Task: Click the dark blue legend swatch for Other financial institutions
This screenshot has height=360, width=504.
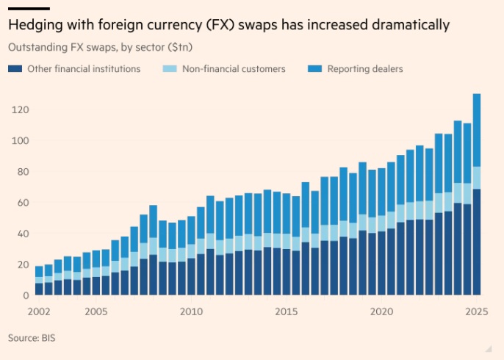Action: [x=14, y=69]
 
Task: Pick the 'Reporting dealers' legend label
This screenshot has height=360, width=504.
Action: [x=364, y=69]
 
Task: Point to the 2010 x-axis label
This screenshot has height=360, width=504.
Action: [x=191, y=312]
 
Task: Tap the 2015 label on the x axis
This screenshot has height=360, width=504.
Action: [x=286, y=312]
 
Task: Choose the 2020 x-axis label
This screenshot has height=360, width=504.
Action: [x=381, y=312]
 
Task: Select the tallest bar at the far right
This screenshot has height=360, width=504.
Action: [x=477, y=195]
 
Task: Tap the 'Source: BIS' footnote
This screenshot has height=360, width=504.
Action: [x=32, y=338]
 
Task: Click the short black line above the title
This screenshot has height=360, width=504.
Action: [x=29, y=9]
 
